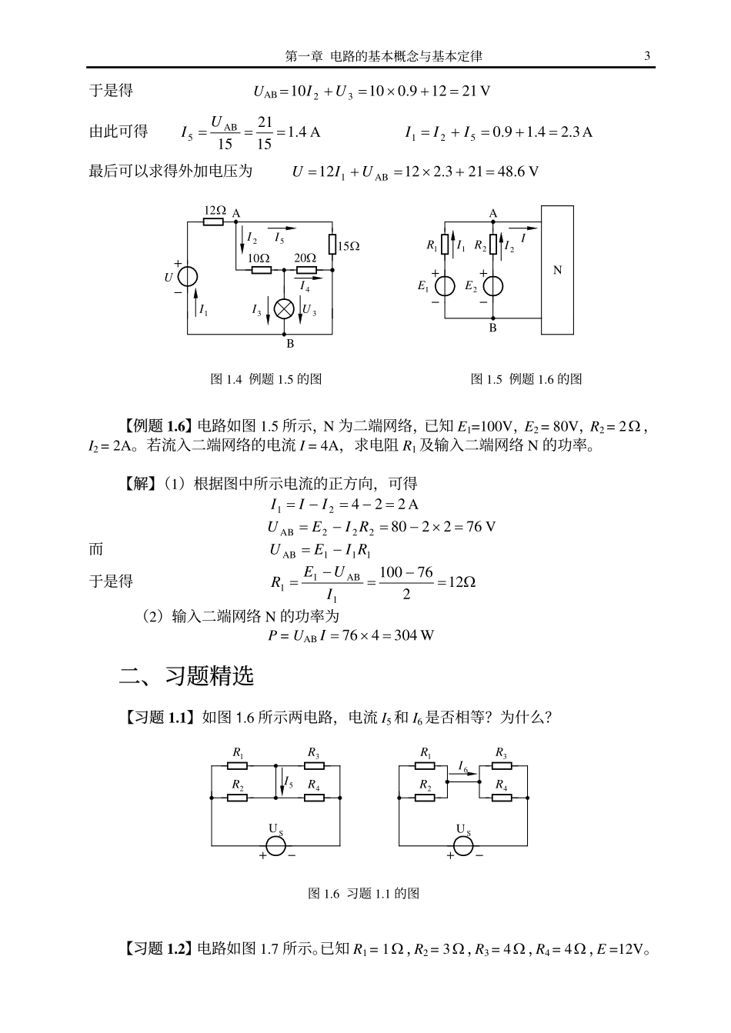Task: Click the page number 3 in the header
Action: click(647, 55)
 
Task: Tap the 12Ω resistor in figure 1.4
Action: click(214, 222)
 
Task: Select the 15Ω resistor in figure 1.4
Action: click(332, 245)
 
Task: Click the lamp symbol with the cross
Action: click(285, 308)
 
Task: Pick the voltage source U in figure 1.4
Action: click(188, 277)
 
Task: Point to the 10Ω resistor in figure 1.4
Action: click(261, 270)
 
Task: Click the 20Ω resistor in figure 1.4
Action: click(306, 270)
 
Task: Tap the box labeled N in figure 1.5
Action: click(557, 270)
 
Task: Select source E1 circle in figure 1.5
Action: click(445, 286)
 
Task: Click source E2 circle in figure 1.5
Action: click(493, 286)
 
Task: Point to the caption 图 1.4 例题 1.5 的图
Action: click(266, 379)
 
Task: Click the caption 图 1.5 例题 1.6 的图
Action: click(526, 379)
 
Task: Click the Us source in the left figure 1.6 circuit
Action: click(275, 845)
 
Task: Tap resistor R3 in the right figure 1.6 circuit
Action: click(502, 766)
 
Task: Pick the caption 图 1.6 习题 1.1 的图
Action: click(363, 893)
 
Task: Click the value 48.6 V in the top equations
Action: click(518, 172)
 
